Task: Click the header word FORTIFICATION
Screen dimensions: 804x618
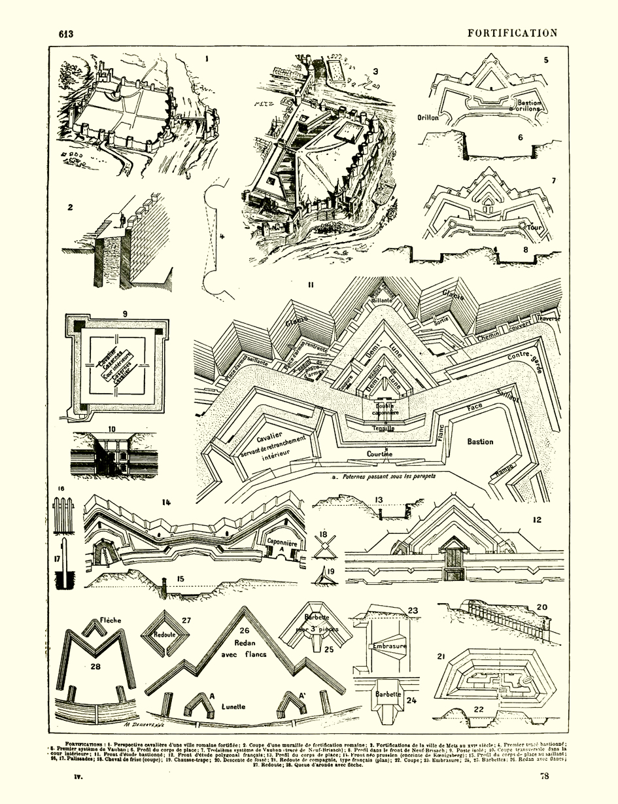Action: tap(513, 33)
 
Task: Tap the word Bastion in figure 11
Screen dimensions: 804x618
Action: tap(479, 442)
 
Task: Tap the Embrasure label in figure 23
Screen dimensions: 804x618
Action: tap(388, 646)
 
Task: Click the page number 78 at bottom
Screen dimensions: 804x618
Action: tap(544, 777)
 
